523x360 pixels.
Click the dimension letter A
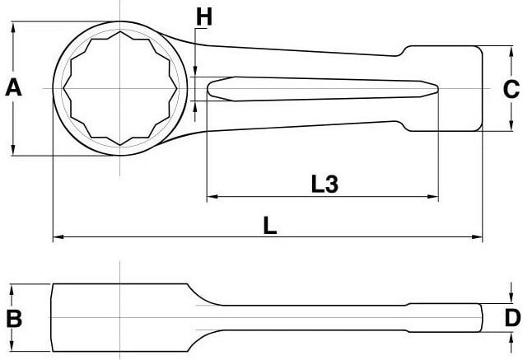click(x=13, y=87)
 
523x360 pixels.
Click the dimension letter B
click(x=13, y=319)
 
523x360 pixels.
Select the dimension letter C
click(x=510, y=89)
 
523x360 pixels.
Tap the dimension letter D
click(x=511, y=317)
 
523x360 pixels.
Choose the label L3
click(x=325, y=185)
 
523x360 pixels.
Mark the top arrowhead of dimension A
click(x=14, y=27)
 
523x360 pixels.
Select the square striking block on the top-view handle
click(x=443, y=89)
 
